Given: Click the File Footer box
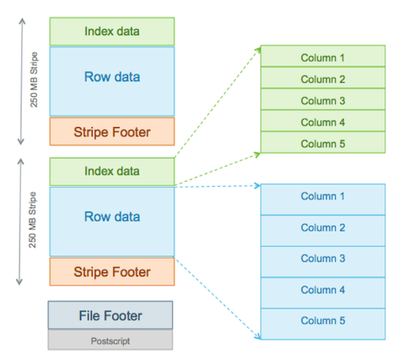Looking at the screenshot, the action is click(111, 315).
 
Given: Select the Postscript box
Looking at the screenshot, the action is click(111, 339).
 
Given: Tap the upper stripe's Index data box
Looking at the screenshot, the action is click(112, 31).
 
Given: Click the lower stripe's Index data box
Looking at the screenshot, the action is click(112, 171).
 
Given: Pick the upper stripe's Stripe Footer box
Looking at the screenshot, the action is click(112, 131).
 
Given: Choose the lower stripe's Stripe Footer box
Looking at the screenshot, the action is click(112, 271).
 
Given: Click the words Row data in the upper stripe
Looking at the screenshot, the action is click(112, 77).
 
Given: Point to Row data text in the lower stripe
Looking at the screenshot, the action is click(112, 216).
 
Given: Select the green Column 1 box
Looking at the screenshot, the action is click(323, 56).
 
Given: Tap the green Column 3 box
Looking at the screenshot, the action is click(323, 99).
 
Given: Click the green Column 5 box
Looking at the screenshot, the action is click(323, 143).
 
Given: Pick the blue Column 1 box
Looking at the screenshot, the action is click(323, 199).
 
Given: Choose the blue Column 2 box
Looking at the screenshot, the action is click(323, 230).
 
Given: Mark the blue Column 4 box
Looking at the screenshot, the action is click(323, 293).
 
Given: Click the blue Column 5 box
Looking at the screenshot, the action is click(323, 324).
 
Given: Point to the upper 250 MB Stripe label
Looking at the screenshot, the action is click(34, 80).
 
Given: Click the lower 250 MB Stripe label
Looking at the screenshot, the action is click(33, 220).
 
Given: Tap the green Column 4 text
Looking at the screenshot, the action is click(323, 122).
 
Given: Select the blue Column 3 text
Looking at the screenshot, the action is click(323, 258).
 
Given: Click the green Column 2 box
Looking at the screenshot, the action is click(323, 78).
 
